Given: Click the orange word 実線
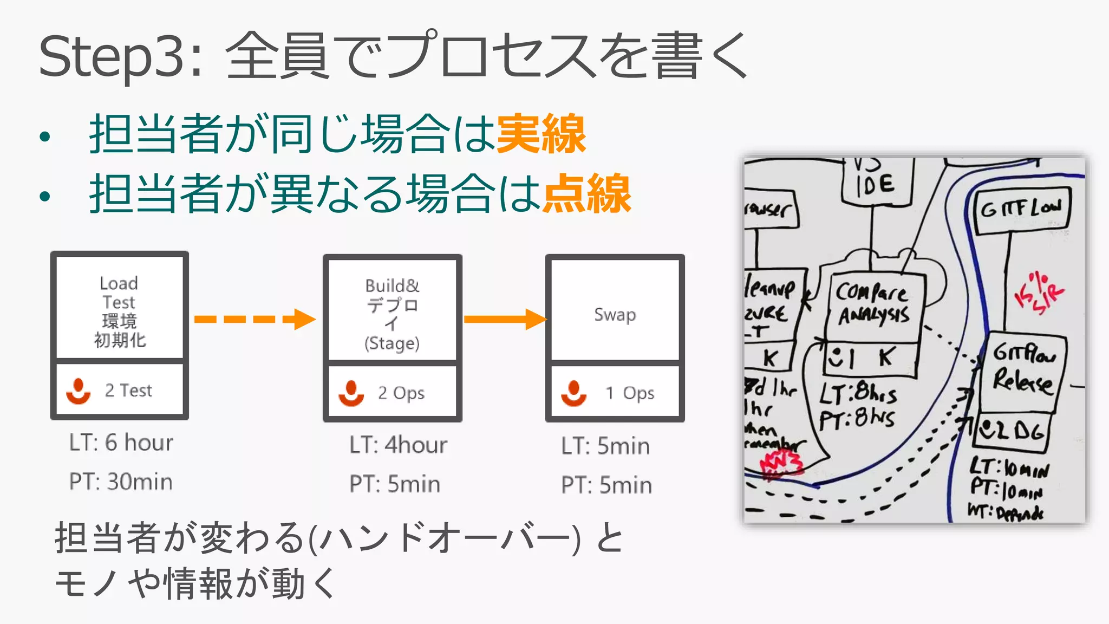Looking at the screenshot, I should [x=541, y=134].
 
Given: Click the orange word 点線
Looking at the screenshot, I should [x=587, y=193].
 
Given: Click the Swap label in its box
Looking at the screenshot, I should [x=615, y=315].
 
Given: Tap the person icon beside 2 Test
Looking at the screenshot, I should [x=79, y=391].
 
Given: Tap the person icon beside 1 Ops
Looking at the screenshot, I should [x=573, y=393].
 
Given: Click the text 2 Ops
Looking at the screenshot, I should [x=401, y=393].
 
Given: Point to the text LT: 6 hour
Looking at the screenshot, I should [x=121, y=443].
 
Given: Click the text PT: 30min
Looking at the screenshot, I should [x=121, y=482].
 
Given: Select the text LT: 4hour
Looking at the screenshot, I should [x=398, y=445].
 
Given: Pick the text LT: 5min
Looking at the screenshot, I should [x=605, y=446].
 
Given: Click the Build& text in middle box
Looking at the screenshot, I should [x=392, y=285].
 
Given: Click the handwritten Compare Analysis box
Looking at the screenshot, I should [x=873, y=305].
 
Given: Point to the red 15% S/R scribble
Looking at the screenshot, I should [x=1038, y=294].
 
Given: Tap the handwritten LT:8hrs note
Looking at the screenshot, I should [x=858, y=393].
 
